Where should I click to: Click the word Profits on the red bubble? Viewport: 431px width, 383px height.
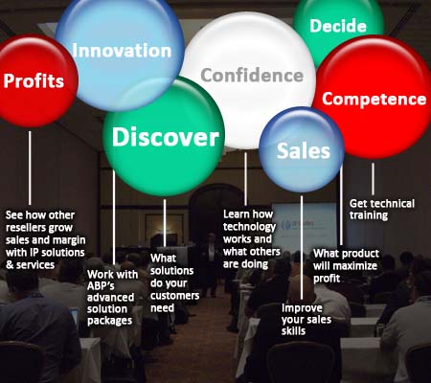(x=34, y=80)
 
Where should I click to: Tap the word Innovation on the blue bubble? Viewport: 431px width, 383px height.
(x=122, y=51)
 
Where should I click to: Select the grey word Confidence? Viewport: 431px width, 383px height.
(x=252, y=76)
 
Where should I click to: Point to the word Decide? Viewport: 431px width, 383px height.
(x=338, y=26)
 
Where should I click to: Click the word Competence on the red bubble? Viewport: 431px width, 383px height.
(x=374, y=99)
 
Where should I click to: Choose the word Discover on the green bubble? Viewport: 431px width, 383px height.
(x=166, y=137)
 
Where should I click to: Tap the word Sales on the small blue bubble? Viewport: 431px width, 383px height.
(x=303, y=150)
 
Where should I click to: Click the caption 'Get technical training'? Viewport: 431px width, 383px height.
(x=382, y=210)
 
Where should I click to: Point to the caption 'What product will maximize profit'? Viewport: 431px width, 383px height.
(x=346, y=266)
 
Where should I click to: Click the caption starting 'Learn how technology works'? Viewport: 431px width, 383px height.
(x=252, y=239)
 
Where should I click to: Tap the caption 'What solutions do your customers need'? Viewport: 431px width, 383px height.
(x=174, y=283)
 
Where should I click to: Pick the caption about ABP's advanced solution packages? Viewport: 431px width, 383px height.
(x=112, y=298)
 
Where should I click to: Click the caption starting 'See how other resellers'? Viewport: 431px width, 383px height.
(x=45, y=240)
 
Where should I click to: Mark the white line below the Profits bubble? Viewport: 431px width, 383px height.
(x=30, y=168)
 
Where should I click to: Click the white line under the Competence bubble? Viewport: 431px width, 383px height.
(x=373, y=179)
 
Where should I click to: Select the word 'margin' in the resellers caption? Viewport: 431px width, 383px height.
(x=69, y=240)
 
